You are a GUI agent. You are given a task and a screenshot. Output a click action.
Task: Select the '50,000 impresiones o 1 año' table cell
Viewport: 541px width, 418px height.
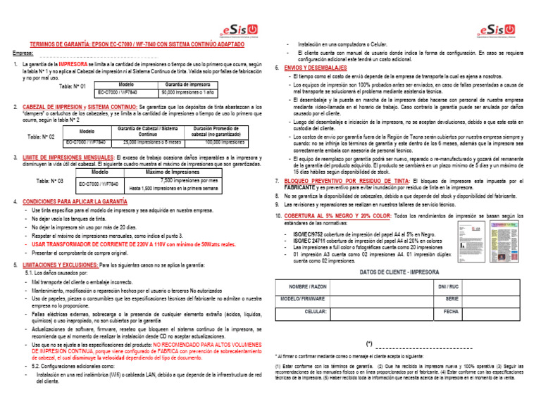[x=187, y=92]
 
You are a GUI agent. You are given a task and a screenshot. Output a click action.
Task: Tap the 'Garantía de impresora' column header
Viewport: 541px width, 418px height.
[x=187, y=84]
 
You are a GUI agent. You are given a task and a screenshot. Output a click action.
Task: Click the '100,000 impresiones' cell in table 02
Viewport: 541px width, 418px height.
[x=220, y=141]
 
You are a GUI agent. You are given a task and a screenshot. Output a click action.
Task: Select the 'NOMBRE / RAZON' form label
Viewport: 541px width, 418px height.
[x=308, y=287]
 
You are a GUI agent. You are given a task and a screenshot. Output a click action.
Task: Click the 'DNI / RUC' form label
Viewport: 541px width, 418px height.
[x=449, y=287]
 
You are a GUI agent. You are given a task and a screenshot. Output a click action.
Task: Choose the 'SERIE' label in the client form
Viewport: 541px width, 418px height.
[x=452, y=299]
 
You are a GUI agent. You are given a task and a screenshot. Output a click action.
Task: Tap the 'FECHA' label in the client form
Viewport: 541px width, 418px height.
[x=452, y=311]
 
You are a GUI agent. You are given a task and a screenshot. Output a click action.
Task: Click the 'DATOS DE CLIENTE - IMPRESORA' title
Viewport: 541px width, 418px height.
[x=399, y=272]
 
